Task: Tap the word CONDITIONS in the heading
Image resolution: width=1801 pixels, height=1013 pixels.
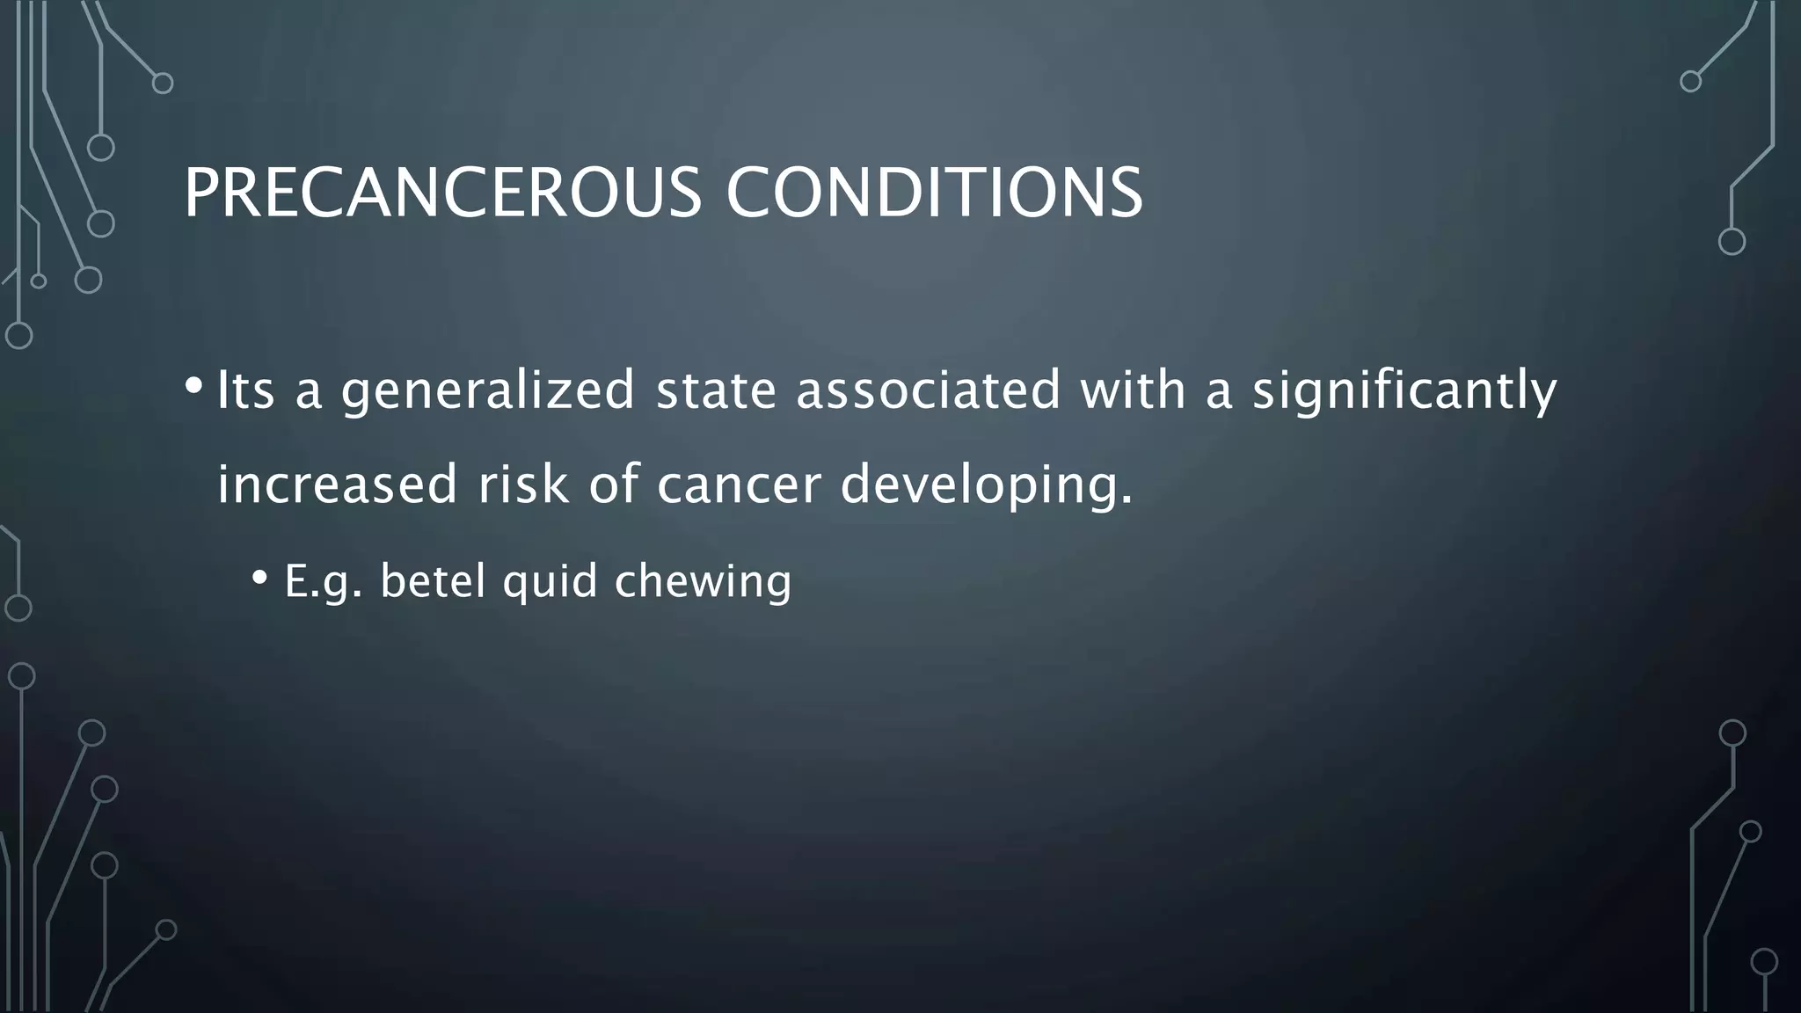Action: (934, 193)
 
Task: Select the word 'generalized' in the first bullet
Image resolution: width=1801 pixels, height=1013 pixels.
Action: (488, 390)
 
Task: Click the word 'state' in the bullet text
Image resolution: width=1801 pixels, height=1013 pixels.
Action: (717, 390)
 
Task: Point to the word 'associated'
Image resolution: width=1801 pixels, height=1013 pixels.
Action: (929, 390)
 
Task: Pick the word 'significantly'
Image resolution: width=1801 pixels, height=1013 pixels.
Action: (1404, 390)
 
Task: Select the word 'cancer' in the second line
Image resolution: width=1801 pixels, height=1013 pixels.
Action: (739, 485)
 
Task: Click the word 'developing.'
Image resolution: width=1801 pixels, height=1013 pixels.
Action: (987, 485)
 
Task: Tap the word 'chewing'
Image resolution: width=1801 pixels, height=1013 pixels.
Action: (703, 581)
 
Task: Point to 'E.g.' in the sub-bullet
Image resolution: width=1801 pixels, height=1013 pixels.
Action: (323, 581)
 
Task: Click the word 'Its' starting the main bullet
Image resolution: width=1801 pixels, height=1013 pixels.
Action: (245, 390)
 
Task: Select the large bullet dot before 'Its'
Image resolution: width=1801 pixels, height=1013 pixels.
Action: (194, 386)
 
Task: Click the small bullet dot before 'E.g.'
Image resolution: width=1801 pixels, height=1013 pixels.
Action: (259, 578)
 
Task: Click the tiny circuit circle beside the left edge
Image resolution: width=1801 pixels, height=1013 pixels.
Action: (38, 281)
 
